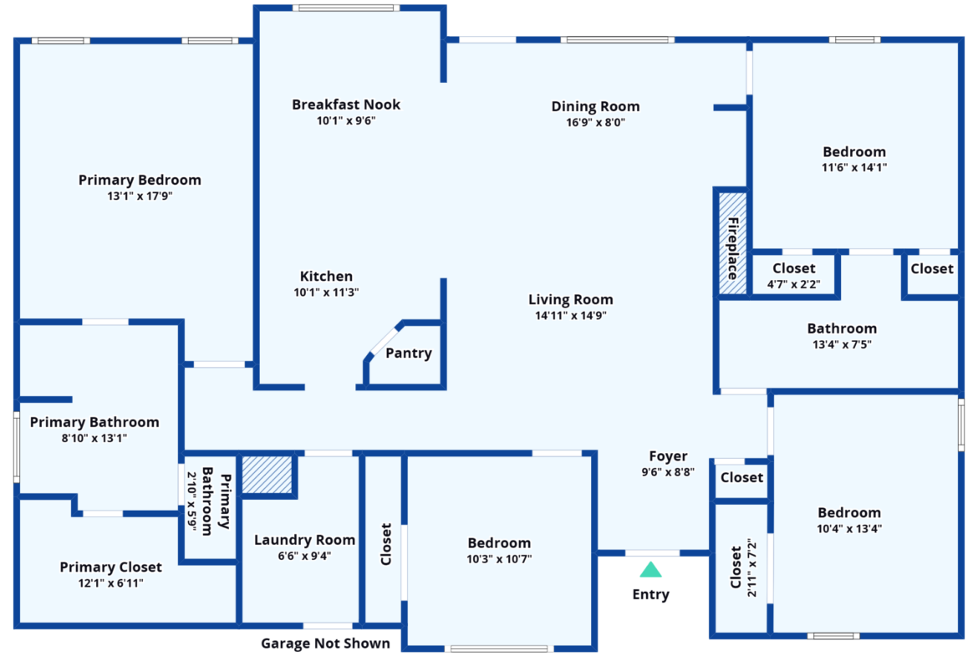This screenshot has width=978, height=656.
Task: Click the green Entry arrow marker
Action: (x=650, y=569)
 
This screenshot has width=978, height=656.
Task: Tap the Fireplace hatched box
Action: (x=732, y=243)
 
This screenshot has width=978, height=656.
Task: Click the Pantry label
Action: (x=409, y=353)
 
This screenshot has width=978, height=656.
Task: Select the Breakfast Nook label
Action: (x=346, y=104)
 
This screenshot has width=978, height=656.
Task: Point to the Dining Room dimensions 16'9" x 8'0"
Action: (x=596, y=122)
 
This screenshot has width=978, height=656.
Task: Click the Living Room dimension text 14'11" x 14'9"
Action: (x=571, y=316)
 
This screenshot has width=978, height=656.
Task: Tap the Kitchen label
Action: (x=326, y=276)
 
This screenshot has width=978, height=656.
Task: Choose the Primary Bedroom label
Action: (x=140, y=180)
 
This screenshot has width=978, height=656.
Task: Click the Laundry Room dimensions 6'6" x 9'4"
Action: (x=304, y=556)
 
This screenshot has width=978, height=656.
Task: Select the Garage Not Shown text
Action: (x=326, y=643)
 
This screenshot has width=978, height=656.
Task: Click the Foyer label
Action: (x=668, y=455)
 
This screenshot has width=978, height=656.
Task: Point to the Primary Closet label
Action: (x=110, y=567)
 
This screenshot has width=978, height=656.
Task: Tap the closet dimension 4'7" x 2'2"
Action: (x=793, y=284)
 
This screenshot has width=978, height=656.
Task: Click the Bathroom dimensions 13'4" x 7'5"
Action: (x=842, y=344)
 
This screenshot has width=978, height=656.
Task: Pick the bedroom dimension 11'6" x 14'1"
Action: (x=854, y=167)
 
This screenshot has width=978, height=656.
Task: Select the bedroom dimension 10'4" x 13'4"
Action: (x=849, y=529)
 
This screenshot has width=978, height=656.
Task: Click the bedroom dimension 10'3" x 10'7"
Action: (x=499, y=559)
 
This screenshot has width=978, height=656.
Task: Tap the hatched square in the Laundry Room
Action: (x=267, y=475)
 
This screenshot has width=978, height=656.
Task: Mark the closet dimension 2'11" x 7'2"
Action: (x=752, y=567)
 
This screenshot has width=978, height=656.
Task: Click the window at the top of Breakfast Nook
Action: (x=346, y=8)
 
